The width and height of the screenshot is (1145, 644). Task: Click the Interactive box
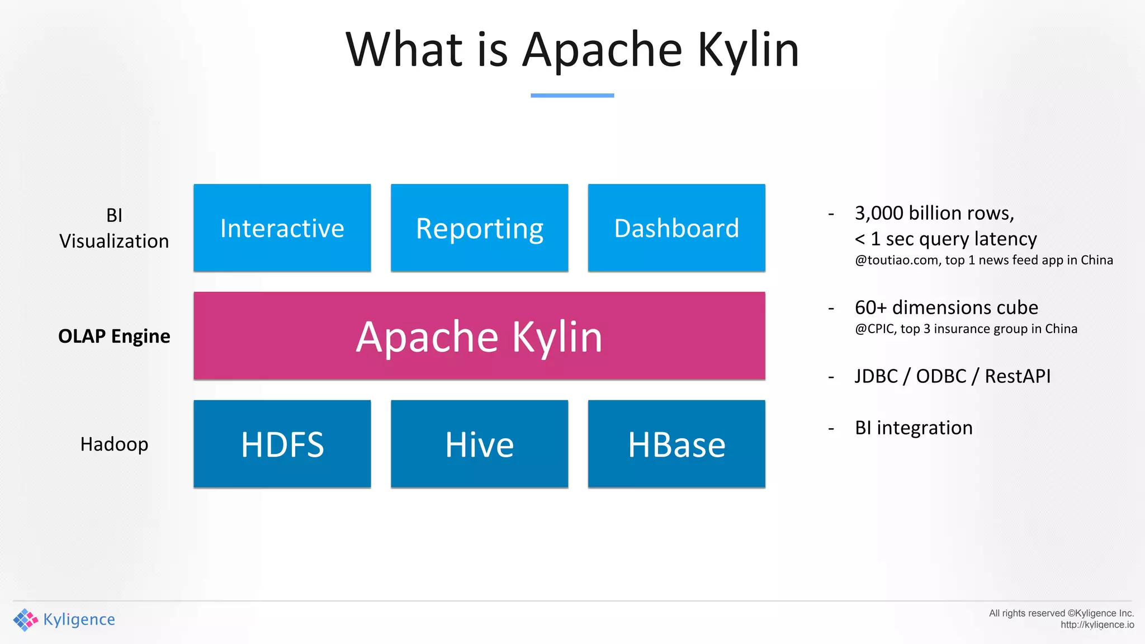[282, 228]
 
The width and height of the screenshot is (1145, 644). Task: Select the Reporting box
[479, 228]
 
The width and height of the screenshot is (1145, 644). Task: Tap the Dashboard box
[676, 228]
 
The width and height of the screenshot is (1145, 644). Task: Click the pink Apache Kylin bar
[479, 336]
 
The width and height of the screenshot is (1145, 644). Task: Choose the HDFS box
[282, 444]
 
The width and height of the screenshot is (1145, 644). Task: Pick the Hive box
[479, 444]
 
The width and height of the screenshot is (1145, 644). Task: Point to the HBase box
[676, 444]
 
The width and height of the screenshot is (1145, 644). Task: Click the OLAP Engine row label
[114, 336]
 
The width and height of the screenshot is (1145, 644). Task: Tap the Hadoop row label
[114, 444]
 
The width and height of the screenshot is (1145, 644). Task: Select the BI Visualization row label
[114, 228]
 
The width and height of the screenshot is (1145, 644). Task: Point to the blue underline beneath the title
[572, 96]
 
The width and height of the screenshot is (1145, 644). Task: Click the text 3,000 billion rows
[934, 213]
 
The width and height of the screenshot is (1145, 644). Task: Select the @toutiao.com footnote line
[983, 260]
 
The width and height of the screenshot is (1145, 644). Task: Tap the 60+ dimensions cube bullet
[946, 307]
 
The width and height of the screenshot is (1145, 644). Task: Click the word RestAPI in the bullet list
[1018, 376]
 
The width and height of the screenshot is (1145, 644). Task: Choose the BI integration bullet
[914, 428]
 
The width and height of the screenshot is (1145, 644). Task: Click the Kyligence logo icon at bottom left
[25, 619]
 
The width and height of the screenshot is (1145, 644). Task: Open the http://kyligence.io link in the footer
[1097, 625]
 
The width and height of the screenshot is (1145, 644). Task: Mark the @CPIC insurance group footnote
[966, 329]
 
